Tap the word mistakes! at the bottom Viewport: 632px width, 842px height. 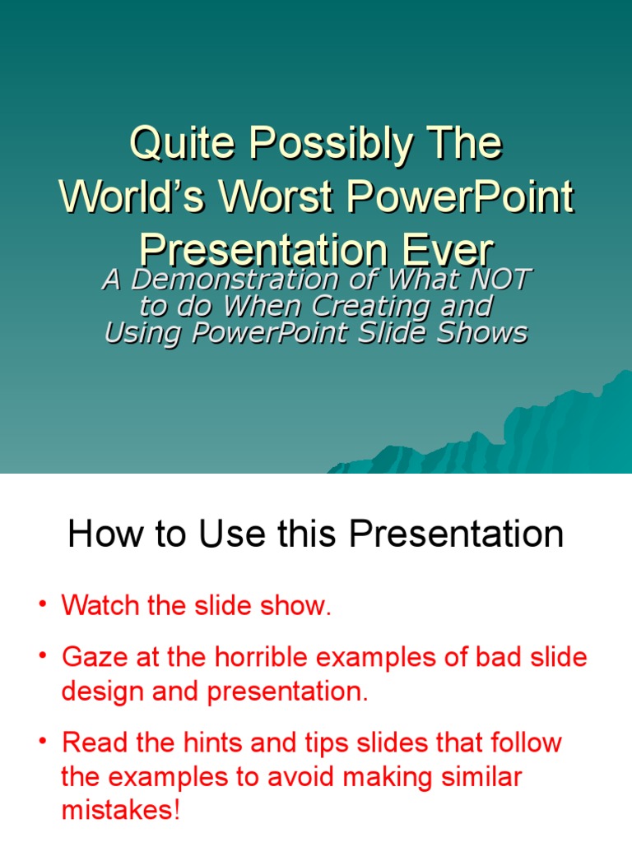(120, 811)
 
